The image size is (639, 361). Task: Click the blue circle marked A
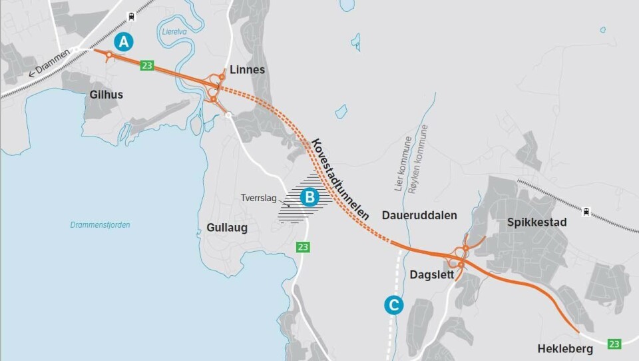tap(123, 42)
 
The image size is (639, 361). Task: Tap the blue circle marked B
tap(309, 196)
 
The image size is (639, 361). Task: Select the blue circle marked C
tap(393, 305)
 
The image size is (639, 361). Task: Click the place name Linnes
tap(247, 70)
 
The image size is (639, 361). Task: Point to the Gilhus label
tap(106, 95)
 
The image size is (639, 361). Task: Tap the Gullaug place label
tap(222, 228)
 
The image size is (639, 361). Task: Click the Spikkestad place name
tap(536, 222)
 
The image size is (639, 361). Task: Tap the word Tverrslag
tap(259, 198)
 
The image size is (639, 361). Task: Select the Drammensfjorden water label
tap(100, 225)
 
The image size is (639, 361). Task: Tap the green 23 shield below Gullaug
tap(304, 247)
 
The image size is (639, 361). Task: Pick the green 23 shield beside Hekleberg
tap(614, 344)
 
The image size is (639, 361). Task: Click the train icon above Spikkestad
tap(586, 212)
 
